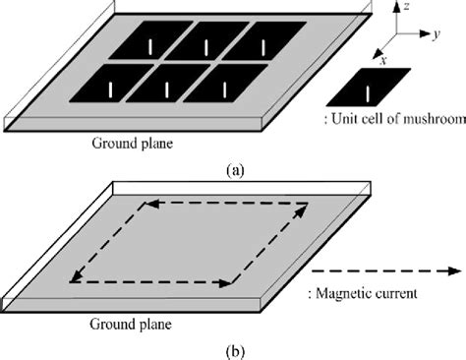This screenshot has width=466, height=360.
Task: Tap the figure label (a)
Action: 233,169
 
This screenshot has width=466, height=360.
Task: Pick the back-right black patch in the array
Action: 262,45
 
